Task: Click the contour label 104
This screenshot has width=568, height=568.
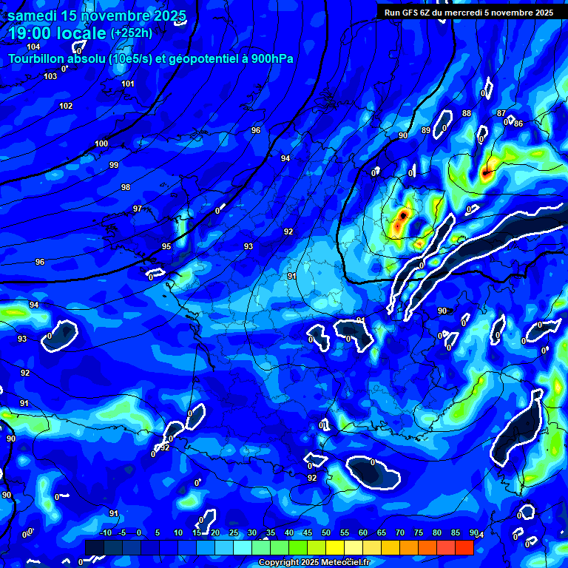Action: (33, 47)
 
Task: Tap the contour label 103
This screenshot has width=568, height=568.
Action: (50, 77)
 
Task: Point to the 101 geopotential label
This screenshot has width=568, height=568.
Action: (128, 84)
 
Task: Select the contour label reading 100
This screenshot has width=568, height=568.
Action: (101, 143)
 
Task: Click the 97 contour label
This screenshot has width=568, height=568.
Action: (138, 209)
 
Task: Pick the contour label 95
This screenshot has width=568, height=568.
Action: (166, 246)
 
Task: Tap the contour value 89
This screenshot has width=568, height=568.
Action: (426, 131)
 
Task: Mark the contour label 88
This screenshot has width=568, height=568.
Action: (466, 113)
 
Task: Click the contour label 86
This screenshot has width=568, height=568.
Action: (518, 124)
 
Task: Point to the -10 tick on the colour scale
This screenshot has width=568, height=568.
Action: (106, 532)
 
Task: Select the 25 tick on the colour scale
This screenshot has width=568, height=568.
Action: (234, 532)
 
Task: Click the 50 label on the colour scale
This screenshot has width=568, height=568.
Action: (326, 532)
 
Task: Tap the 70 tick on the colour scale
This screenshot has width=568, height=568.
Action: (400, 532)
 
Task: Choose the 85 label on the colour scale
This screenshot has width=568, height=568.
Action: (456, 532)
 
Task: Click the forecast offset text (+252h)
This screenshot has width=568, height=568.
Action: (132, 33)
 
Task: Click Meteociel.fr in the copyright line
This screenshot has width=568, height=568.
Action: (341, 563)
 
